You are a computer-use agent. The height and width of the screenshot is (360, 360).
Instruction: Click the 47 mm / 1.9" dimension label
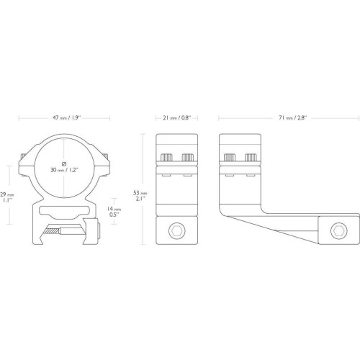67,118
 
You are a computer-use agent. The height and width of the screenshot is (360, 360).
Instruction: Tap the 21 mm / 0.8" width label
177,118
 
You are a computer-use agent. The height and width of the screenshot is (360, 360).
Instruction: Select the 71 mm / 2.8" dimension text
293,118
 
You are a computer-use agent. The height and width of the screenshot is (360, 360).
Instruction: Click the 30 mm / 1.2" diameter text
64,170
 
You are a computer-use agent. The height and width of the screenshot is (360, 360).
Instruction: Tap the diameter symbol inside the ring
64,164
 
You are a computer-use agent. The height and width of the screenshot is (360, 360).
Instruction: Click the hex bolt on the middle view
177,231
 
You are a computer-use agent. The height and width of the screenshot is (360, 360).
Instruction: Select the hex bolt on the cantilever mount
339,231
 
